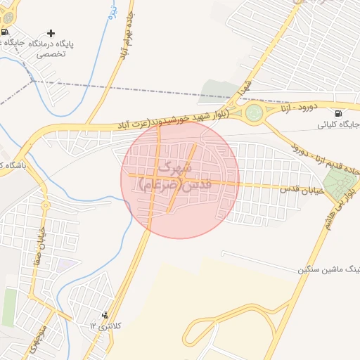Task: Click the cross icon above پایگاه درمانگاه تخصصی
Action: tap(50, 33)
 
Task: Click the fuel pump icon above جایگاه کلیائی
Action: tap(339, 113)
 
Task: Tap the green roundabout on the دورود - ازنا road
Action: tap(255, 112)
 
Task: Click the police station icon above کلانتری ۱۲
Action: tap(105, 314)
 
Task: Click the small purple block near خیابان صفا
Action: tap(67, 266)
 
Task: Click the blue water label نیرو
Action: tap(111, 19)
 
